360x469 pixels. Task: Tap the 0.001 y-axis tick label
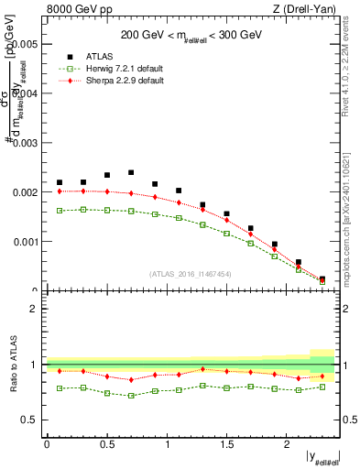pos(24,243)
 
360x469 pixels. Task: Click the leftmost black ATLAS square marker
pos(60,182)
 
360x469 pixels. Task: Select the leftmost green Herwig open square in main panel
pos(60,211)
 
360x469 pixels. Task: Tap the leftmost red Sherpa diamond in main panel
pos(60,191)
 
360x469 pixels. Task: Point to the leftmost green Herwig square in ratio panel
pos(60,388)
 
